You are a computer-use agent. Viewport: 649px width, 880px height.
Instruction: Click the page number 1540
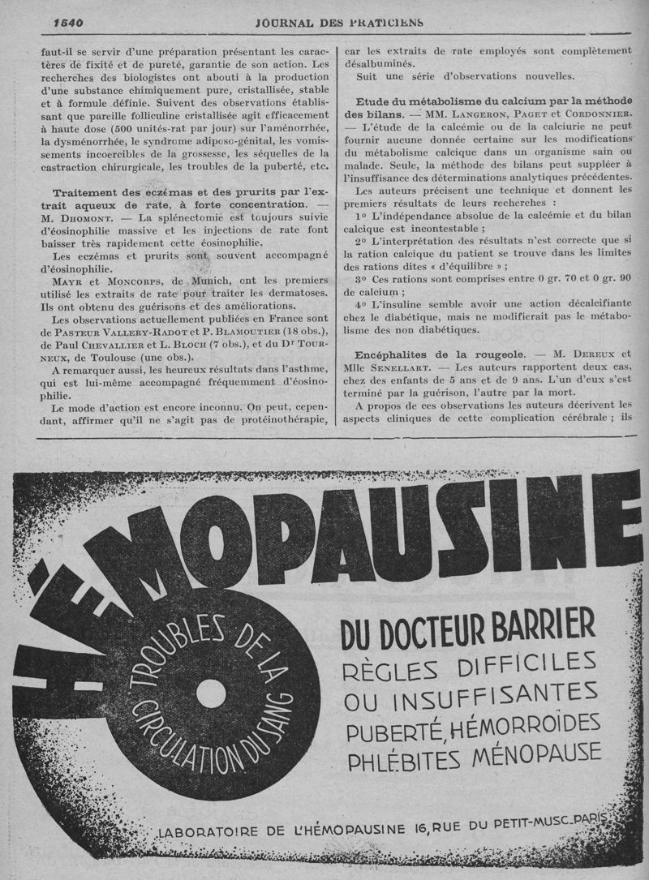(x=68, y=21)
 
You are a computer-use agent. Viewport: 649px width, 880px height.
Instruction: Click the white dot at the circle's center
(x=211, y=692)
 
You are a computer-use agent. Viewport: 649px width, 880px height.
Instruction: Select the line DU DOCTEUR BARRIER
(x=468, y=628)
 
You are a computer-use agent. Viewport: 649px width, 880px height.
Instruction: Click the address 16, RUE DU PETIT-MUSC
(x=491, y=826)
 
